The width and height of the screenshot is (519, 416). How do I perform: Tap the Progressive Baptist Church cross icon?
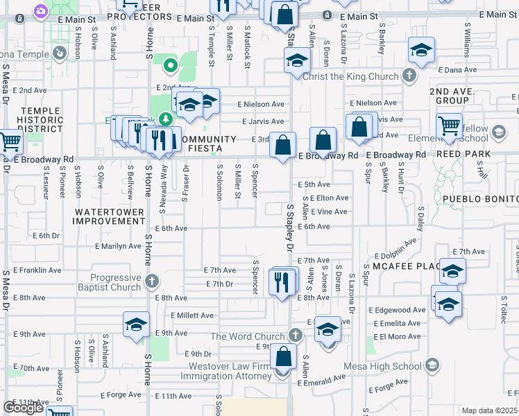point(153,282)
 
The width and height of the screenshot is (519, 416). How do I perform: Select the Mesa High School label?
point(393,366)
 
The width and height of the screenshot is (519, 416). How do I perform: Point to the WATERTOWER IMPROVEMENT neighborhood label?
point(110,216)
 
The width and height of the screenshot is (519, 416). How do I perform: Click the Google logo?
point(23,408)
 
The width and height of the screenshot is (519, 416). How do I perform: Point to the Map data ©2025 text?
point(489,410)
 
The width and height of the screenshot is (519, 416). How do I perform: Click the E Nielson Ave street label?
point(261,104)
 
